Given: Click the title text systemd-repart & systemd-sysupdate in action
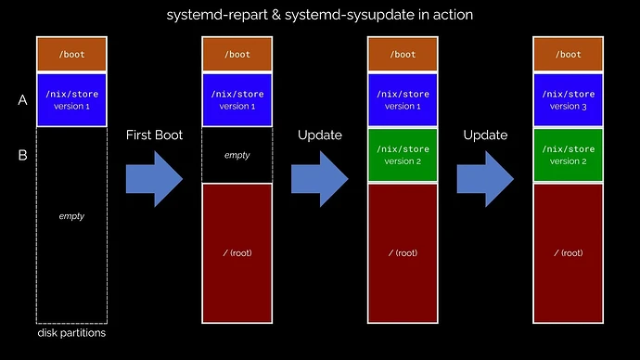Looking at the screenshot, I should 320,16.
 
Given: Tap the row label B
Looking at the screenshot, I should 22,155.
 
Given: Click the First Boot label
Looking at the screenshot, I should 154,135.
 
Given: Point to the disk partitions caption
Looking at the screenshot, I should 71,333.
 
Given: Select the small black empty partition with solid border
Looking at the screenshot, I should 237,155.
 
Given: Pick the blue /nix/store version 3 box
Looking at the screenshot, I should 568,99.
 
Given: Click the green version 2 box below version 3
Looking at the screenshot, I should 568,155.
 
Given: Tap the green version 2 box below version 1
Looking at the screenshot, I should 403,155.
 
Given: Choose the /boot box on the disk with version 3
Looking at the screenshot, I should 568,55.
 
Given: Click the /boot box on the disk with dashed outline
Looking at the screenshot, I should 71,55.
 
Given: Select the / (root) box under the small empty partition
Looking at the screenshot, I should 237,252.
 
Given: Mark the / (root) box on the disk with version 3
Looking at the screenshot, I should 568,252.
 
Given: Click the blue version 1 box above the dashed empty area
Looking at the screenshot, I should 71,99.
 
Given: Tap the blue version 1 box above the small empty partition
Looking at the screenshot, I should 237,99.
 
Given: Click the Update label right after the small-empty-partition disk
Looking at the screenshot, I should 319,135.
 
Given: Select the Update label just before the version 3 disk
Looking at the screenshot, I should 485,135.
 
